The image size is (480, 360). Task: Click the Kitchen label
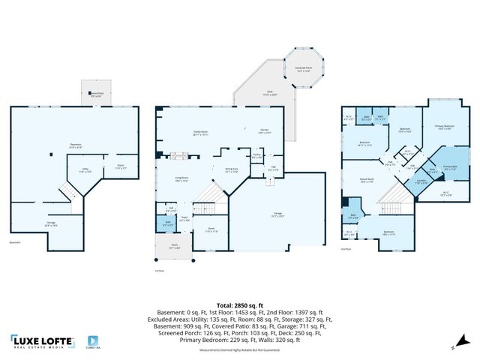point(264,131)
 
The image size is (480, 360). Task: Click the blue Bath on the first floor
point(169,223)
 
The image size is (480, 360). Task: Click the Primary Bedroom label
point(445,126)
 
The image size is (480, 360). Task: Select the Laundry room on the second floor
point(421,180)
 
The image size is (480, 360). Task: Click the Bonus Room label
point(367,181)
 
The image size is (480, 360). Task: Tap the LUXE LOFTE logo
point(43,340)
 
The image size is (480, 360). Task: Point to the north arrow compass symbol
point(454,347)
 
